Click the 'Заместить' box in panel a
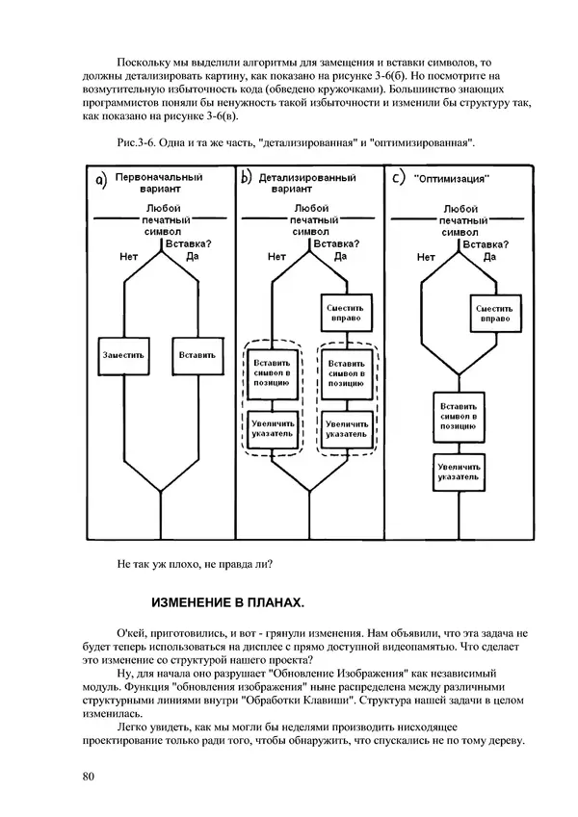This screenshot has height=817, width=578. tap(124, 353)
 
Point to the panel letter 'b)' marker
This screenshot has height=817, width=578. tap(247, 178)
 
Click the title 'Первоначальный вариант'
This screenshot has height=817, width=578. tap(158, 183)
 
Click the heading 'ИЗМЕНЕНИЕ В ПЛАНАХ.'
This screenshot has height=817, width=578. tap(227, 603)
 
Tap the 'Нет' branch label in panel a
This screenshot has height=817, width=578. tap(128, 257)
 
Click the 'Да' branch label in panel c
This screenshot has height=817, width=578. tap(487, 257)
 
